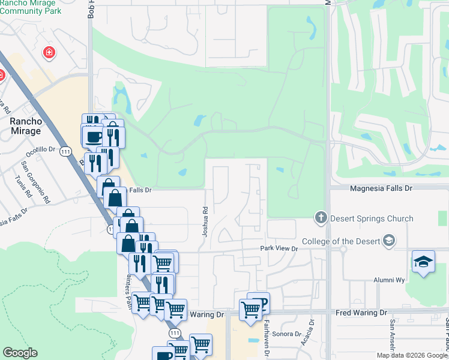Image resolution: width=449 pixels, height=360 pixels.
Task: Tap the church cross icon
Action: pos(321,217)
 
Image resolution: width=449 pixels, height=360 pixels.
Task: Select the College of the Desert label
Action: pos(341,241)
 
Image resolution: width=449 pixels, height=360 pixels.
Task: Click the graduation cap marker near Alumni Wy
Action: pos(423,262)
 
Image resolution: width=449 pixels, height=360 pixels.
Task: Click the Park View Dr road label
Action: pos(279,248)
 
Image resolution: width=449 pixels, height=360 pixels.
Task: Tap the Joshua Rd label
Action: pos(205,222)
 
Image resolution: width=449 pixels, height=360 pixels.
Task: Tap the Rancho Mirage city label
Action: pos(26,126)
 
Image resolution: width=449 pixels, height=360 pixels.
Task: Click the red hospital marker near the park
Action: pos(49,53)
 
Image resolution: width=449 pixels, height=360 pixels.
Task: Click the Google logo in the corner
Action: pos(20,353)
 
